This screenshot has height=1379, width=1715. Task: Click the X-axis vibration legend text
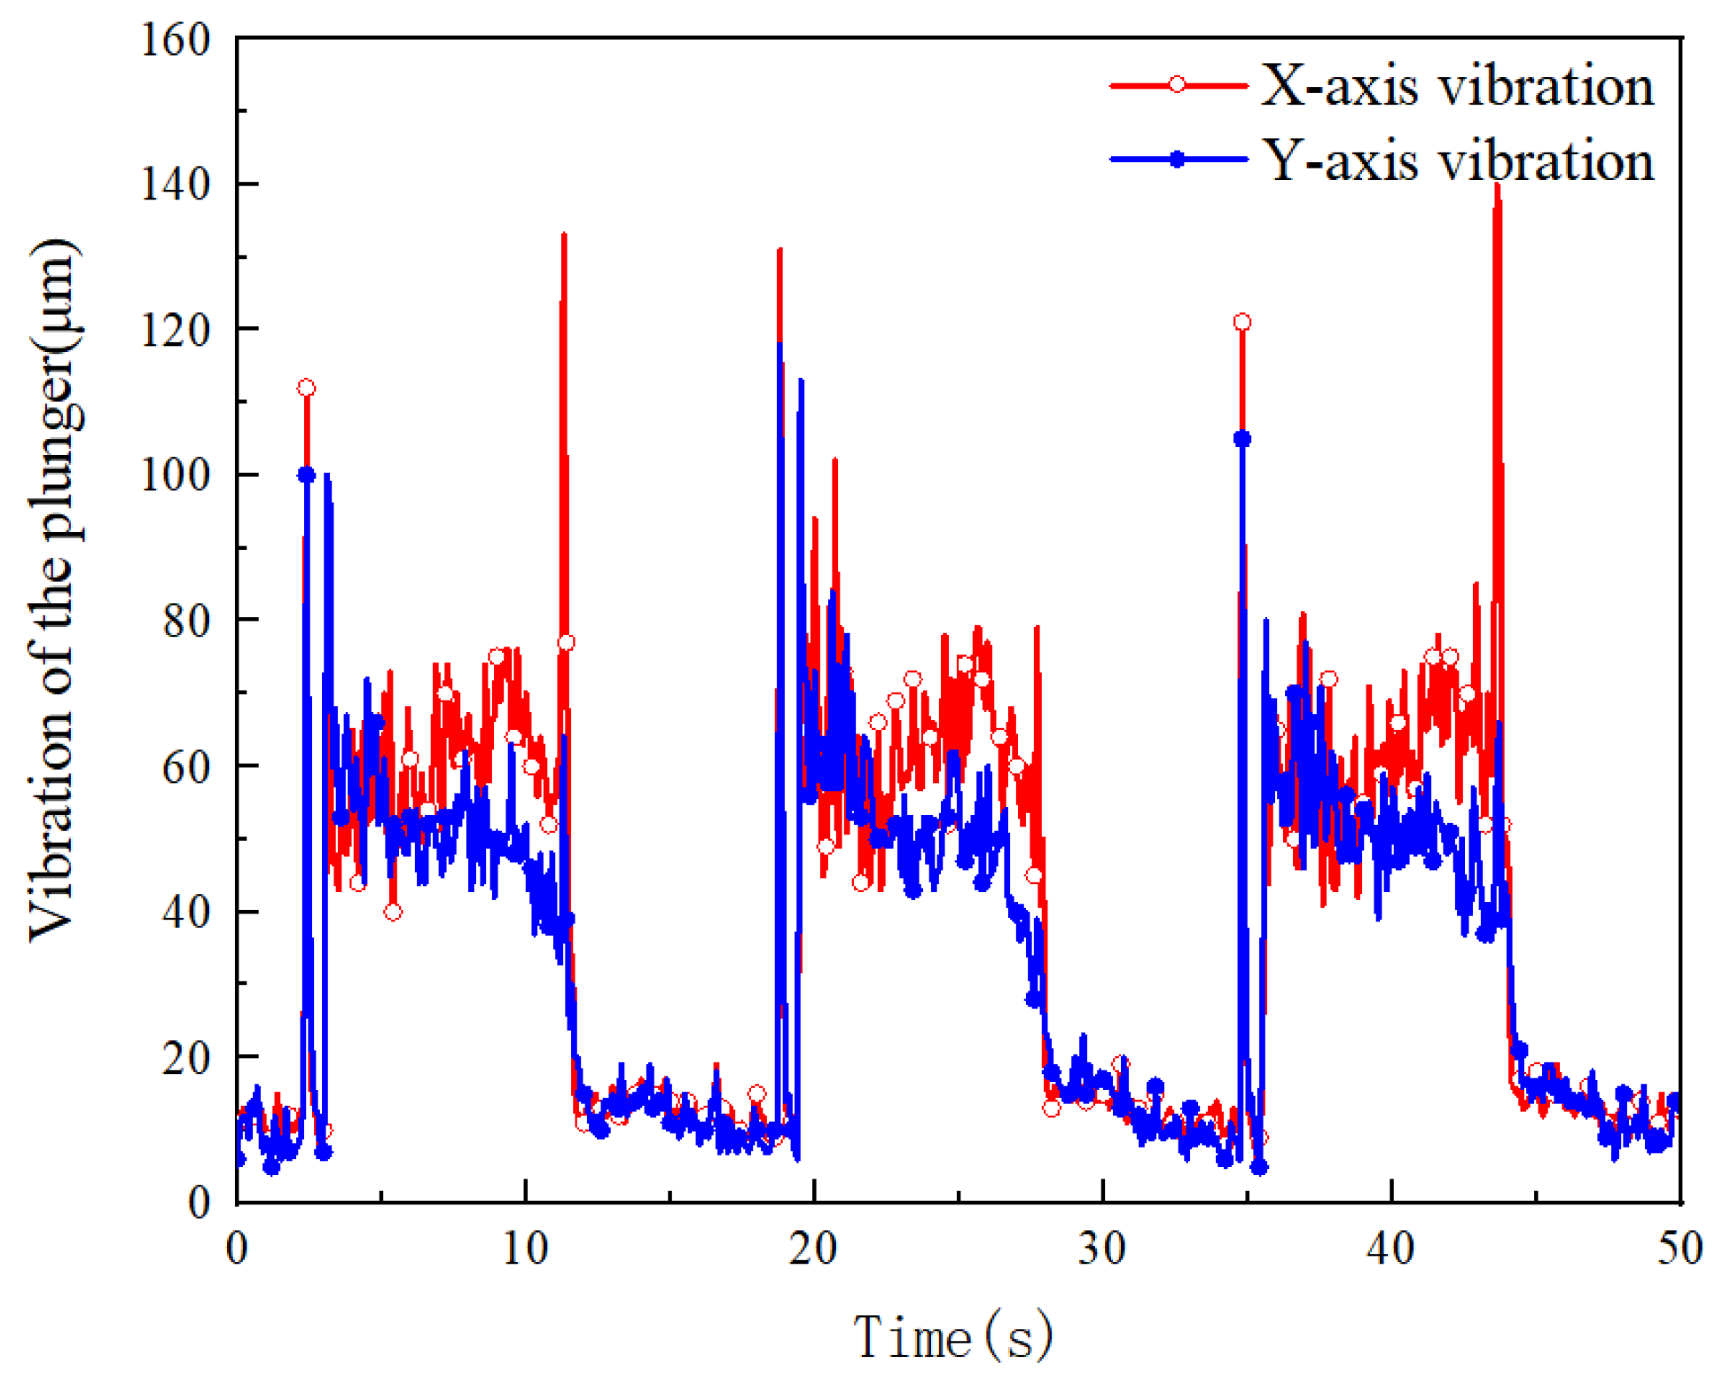1456,86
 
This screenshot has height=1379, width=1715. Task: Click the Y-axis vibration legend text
1456,161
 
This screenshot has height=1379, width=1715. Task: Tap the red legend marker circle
1177,84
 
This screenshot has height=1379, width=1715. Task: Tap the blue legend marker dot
1177,160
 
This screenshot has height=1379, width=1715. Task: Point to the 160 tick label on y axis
176,40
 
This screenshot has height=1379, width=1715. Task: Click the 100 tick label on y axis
176,475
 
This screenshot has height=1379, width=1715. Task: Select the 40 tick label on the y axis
186,912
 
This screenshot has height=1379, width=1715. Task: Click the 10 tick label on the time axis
525,1249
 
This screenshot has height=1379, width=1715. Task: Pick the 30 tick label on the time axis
1102,1249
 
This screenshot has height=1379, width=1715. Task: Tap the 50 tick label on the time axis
1680,1249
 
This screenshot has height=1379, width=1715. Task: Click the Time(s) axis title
953,1336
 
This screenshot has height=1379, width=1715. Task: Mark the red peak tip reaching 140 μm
1497,185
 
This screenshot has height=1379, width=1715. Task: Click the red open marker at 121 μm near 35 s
1241,322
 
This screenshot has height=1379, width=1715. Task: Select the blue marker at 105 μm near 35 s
1241,439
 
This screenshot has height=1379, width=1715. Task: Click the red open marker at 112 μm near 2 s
306,388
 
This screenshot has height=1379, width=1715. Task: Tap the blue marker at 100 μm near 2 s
306,475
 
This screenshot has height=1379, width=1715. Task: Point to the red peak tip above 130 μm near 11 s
564,236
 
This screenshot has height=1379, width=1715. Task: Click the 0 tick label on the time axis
237,1249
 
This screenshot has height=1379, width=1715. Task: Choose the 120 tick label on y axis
176,330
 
